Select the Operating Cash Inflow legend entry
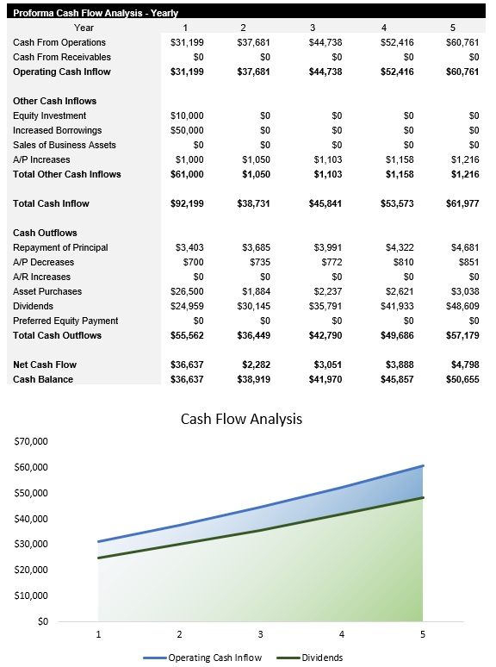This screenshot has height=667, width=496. [x=214, y=658]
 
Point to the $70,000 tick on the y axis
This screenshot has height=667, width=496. [x=30, y=441]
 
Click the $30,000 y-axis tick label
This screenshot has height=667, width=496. [x=30, y=544]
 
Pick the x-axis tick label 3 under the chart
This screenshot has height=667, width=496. [x=261, y=634]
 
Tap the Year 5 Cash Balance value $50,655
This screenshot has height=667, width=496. [x=461, y=379]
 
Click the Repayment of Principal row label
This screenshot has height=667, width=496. [x=60, y=247]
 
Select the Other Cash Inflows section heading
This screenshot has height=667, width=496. [x=54, y=101]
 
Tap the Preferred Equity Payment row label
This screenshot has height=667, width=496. [x=65, y=321]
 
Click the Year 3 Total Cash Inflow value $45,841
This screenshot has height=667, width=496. [x=325, y=203]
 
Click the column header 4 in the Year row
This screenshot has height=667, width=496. [x=383, y=28]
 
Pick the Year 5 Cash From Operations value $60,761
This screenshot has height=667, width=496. [x=461, y=42]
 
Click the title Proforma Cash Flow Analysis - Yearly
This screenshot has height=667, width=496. [x=95, y=12]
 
